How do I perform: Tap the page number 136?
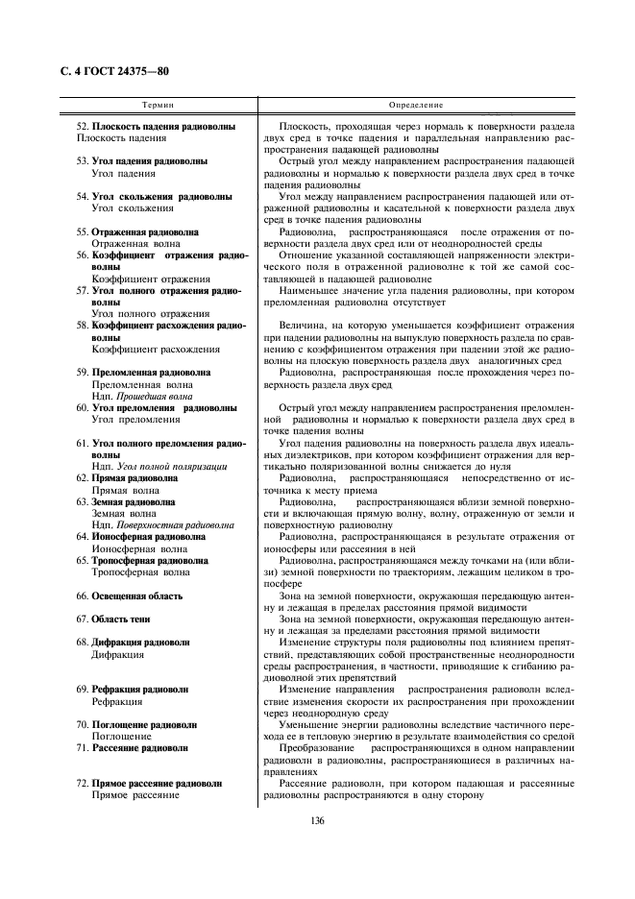pyautogui.click(x=318, y=819)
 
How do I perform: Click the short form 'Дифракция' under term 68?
pyautogui.click(x=117, y=654)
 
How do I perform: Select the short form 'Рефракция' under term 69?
pyautogui.click(x=117, y=701)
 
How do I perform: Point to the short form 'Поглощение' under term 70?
pyautogui.click(x=120, y=736)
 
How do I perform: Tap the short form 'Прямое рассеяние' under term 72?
pyautogui.click(x=134, y=794)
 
